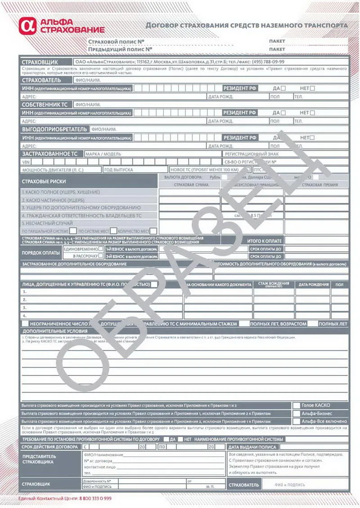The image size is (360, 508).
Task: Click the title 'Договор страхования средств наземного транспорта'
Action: coord(247,25)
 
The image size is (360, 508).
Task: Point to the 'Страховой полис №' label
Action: coord(116,41)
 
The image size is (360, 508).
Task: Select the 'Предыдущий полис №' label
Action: coord(120,49)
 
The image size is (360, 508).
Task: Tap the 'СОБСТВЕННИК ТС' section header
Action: coord(46,104)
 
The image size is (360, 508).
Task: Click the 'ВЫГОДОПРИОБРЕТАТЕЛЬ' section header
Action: coord(54,129)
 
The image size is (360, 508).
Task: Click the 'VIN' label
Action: coord(26,162)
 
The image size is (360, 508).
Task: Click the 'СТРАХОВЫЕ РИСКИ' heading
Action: coord(44,181)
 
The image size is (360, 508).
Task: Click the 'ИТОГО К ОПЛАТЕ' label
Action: coord(264,241)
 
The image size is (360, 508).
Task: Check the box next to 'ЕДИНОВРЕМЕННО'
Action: coord(101,249)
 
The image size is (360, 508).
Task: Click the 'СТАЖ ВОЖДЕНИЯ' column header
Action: coord(274,284)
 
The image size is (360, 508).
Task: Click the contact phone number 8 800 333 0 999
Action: coord(95,499)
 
